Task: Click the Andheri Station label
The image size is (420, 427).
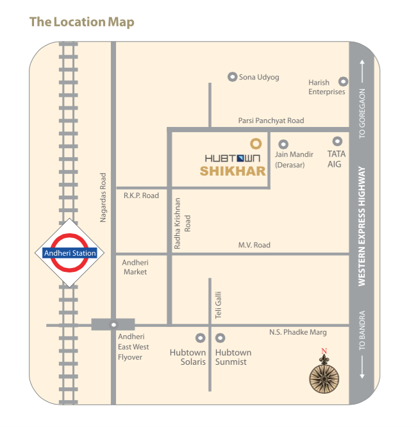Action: [x=70, y=253]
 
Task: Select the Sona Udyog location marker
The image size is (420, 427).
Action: [x=232, y=77]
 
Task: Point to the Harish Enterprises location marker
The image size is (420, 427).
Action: [x=343, y=82]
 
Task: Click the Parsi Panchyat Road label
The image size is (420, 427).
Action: [x=271, y=121]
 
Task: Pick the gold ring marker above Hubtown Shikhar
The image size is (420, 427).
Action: [x=255, y=144]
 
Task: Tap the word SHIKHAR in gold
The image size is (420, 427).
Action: [x=232, y=171]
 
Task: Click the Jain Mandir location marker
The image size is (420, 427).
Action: [x=283, y=144]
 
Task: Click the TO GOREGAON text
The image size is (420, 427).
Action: [x=362, y=113]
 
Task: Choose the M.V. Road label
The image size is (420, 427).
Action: [x=254, y=245]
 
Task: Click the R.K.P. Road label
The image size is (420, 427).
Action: [x=141, y=195]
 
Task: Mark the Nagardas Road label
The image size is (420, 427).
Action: [x=103, y=197]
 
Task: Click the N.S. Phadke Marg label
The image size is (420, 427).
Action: [x=298, y=332]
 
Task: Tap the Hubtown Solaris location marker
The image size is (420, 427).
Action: [x=200, y=337]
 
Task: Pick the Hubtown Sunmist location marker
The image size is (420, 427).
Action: [x=220, y=337]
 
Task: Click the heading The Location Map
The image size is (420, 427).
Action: [x=82, y=22]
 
